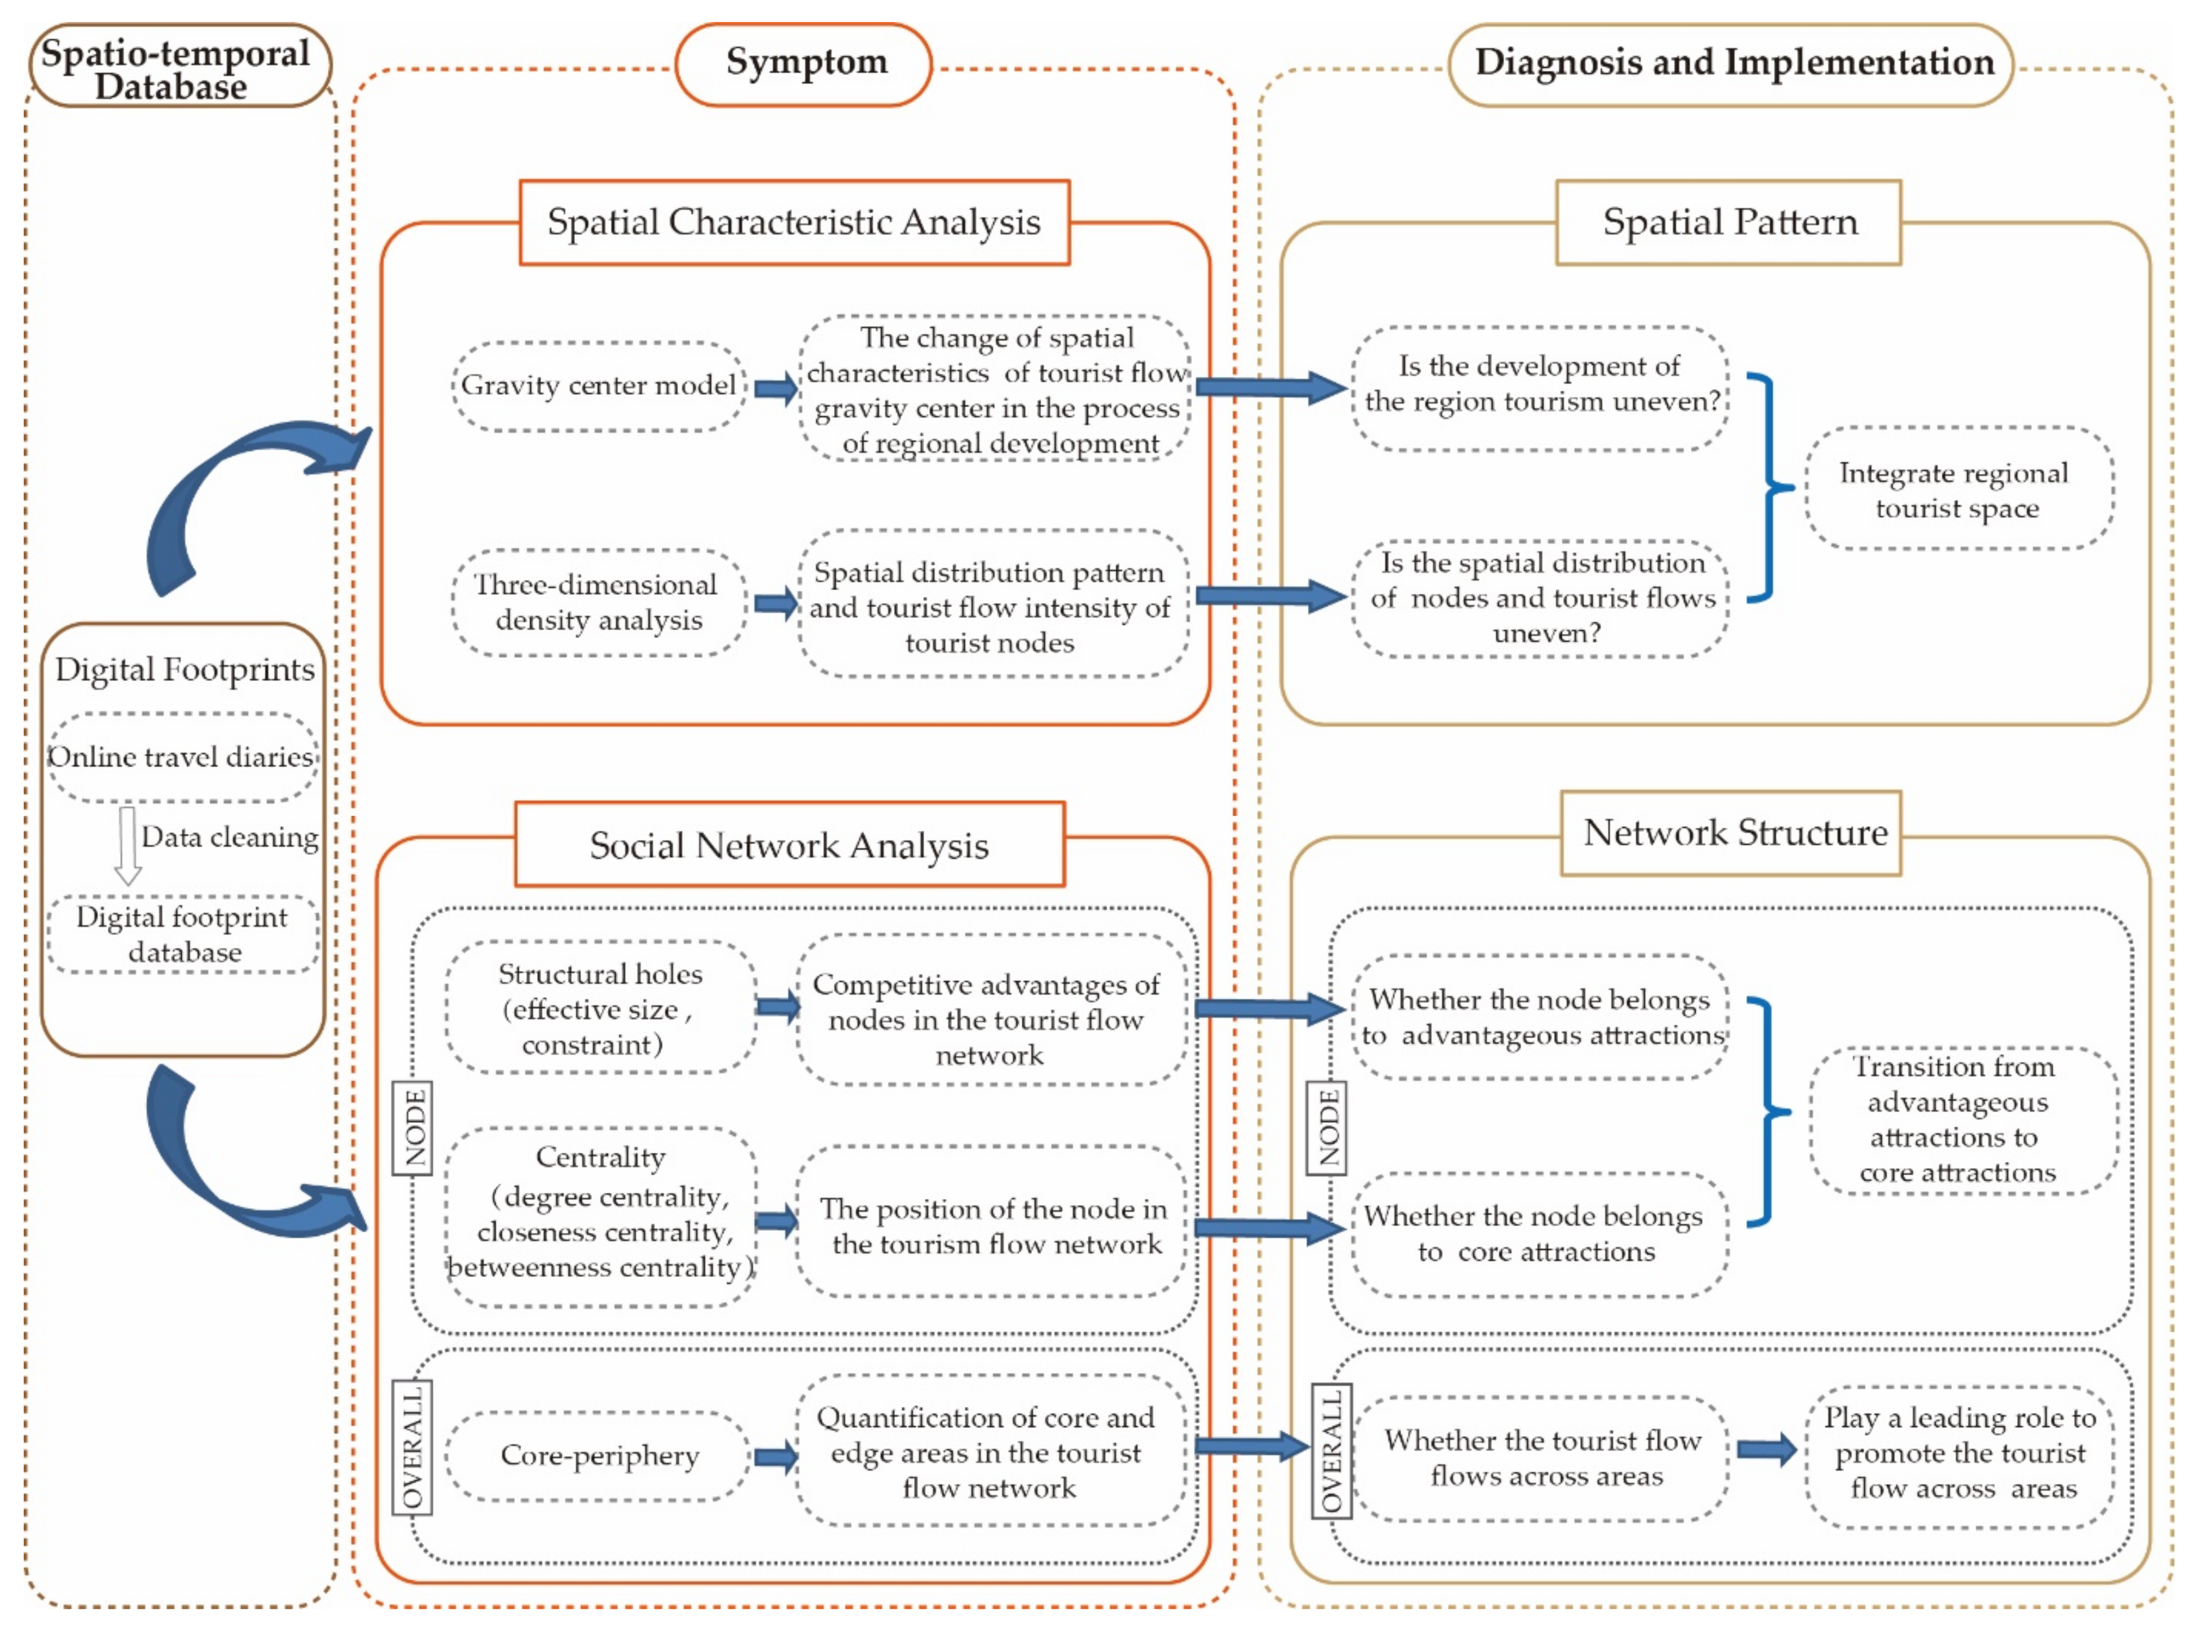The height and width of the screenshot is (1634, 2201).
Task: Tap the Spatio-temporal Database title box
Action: click(179, 66)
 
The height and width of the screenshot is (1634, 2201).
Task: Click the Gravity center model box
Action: click(599, 386)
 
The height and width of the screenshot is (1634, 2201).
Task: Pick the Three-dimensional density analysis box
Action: click(599, 603)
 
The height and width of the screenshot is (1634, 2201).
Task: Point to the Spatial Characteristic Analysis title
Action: click(794, 222)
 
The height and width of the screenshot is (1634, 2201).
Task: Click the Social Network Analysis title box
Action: click(789, 845)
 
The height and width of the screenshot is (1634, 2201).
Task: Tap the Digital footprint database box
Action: click(183, 934)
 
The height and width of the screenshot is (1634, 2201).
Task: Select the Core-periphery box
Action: click(599, 1455)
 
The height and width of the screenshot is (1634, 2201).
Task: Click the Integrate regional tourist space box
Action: click(1958, 489)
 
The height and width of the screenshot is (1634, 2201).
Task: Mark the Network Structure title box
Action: click(1731, 833)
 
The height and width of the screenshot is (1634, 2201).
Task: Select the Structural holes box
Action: click(600, 1007)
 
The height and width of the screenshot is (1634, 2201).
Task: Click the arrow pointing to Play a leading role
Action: click(1767, 1450)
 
